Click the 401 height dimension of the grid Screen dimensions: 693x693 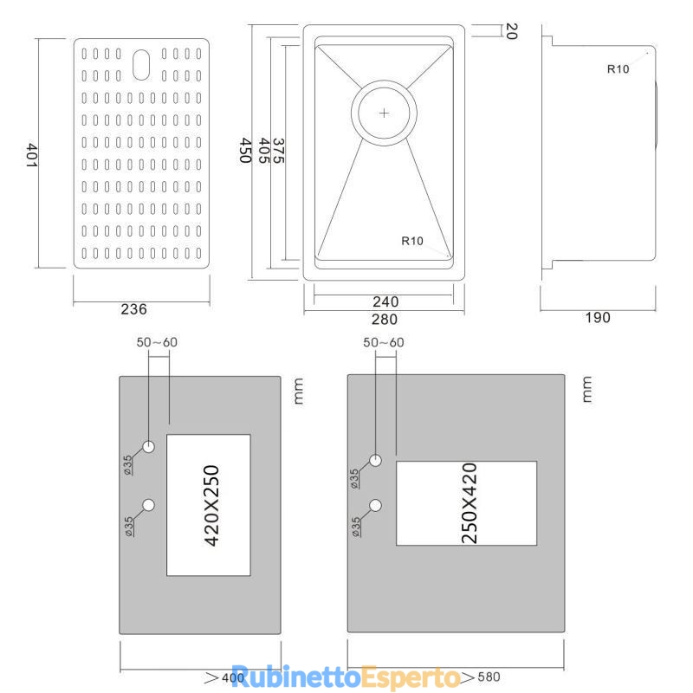pyautogui.click(x=31, y=155)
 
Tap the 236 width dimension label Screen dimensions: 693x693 pyautogui.click(x=133, y=309)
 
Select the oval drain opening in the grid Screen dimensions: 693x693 pyautogui.click(x=141, y=64)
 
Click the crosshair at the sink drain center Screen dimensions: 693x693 pyautogui.click(x=384, y=113)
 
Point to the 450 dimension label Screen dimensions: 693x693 pyautogui.click(x=246, y=150)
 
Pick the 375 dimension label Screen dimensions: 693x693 pyautogui.click(x=278, y=151)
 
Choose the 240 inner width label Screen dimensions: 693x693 pyautogui.click(x=385, y=301)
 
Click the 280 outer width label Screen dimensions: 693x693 pyautogui.click(x=385, y=319)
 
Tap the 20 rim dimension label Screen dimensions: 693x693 pyautogui.click(x=511, y=31)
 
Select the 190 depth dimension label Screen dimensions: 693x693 pyautogui.click(x=598, y=317)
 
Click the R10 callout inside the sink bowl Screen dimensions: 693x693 pyautogui.click(x=412, y=241)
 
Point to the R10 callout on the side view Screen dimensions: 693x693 pyautogui.click(x=618, y=69)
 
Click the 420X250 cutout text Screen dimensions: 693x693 pyautogui.click(x=211, y=506)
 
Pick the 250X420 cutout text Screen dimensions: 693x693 pyautogui.click(x=469, y=503)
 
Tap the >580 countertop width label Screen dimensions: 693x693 pyautogui.click(x=481, y=677)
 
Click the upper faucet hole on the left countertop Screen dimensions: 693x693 pyautogui.click(x=148, y=446)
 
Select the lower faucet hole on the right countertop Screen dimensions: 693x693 pyautogui.click(x=376, y=505)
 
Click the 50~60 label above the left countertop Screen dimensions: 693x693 pyautogui.click(x=157, y=342)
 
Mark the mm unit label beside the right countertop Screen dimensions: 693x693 pyautogui.click(x=586, y=389)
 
